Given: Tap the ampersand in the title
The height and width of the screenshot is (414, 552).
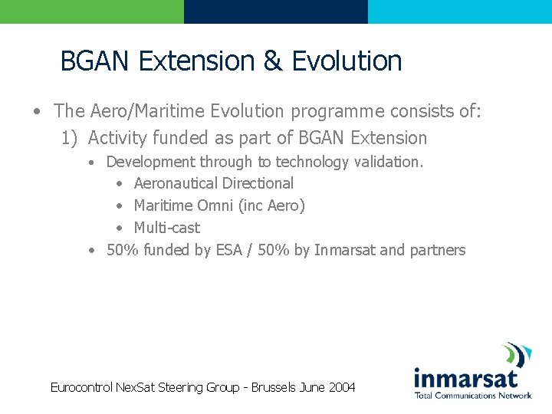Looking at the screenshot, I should point(273,61).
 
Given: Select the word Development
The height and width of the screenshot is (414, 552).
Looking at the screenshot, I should point(150,162).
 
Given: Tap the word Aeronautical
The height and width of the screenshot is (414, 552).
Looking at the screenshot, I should point(174,184).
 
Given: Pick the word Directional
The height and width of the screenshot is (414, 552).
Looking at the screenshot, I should point(256,184).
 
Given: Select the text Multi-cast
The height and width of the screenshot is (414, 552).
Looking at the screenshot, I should point(166,228).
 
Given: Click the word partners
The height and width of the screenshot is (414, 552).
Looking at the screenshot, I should point(437,250).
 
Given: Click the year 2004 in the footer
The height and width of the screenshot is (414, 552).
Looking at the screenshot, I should point(342,388).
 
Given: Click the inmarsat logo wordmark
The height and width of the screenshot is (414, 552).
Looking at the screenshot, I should point(465,378).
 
